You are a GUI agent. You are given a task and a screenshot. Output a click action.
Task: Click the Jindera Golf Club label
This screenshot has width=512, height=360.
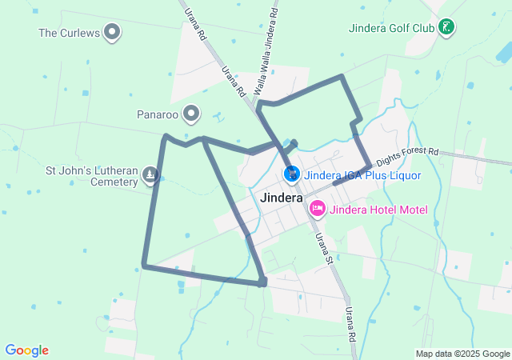(391, 28)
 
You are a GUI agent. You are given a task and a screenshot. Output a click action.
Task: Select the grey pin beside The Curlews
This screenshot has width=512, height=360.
(113, 33)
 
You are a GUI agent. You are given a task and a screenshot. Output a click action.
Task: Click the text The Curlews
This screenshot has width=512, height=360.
(68, 33)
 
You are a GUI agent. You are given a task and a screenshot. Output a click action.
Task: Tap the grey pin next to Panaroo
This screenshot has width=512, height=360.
(191, 114)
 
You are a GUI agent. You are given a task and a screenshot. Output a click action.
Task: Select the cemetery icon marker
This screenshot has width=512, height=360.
(150, 174)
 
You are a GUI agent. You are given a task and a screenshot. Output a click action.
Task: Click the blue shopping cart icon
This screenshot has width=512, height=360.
(292, 174)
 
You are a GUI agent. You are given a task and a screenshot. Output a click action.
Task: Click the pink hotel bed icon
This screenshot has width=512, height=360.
(317, 209)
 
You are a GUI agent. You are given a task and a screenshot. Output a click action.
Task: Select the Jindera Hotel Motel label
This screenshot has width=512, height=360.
(378, 210)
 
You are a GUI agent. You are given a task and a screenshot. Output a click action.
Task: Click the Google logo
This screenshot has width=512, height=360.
(26, 350)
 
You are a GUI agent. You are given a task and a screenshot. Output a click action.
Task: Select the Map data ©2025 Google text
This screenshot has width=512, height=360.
(462, 354)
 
